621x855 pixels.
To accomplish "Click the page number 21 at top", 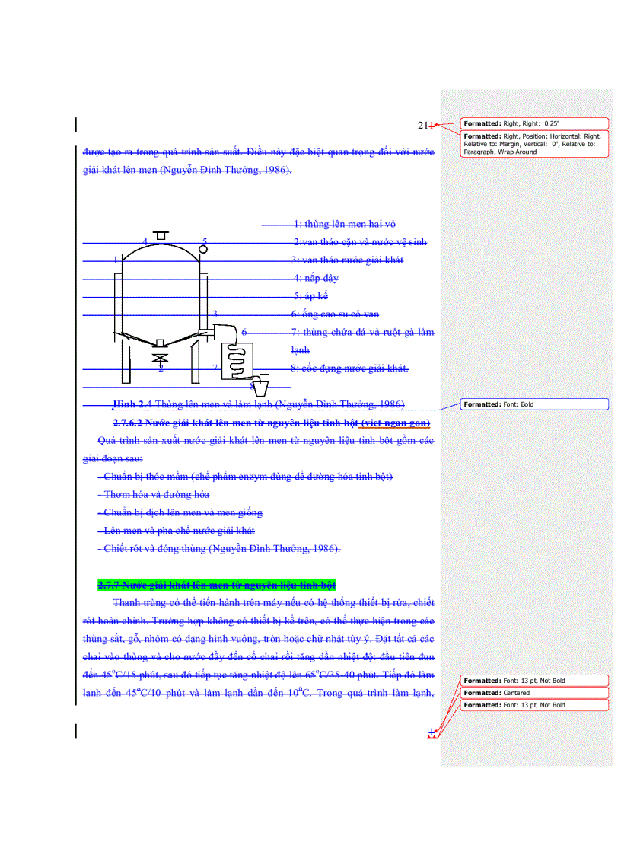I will pyautogui.click(x=423, y=125).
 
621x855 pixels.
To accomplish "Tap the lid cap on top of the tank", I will pyautogui.click(x=160, y=235).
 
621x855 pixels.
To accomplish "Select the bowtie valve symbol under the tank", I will pyautogui.click(x=159, y=357).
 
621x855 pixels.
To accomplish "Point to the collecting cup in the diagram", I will pyautogui.click(x=260, y=387).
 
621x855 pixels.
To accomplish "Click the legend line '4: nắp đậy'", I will pyautogui.click(x=316, y=278).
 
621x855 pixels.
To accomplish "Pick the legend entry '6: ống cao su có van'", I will pyautogui.click(x=335, y=314).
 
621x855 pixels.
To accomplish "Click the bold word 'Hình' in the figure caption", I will pyautogui.click(x=126, y=404).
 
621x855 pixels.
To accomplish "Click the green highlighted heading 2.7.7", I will pyautogui.click(x=217, y=585).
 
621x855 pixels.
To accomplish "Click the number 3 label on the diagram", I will pyautogui.click(x=215, y=314).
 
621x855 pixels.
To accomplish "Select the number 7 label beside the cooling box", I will pyautogui.click(x=215, y=368).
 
